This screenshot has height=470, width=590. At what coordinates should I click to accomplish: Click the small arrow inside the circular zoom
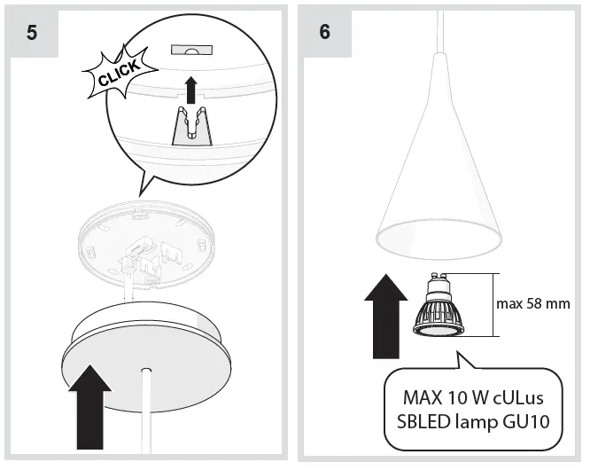(x=190, y=89)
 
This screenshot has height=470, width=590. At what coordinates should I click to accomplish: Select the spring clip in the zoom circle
(x=193, y=124)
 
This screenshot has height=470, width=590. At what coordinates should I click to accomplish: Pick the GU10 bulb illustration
(x=440, y=306)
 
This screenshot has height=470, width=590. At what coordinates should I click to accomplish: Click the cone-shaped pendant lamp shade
(x=440, y=177)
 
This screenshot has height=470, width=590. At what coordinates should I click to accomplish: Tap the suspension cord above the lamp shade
(x=440, y=27)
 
